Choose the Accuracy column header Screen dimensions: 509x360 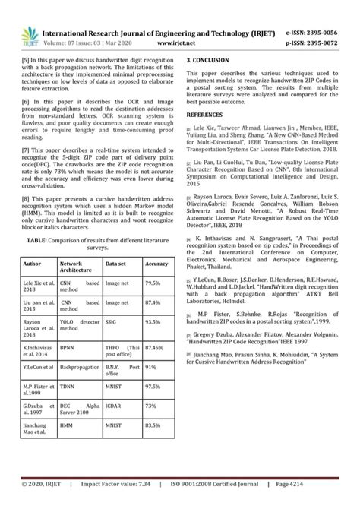[x=156, y=285]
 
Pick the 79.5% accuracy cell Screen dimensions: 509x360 [x=153, y=303]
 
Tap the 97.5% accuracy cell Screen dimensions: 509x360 [x=153, y=407]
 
